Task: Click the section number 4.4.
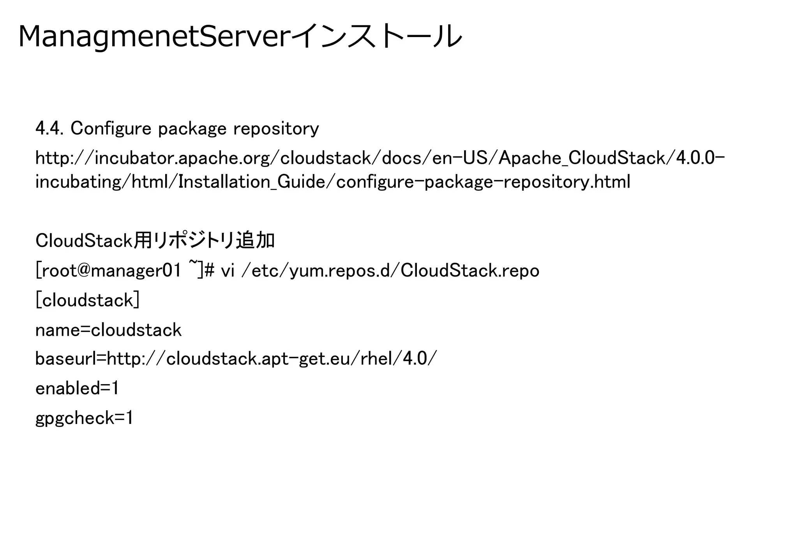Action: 49,128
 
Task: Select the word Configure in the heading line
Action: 111,128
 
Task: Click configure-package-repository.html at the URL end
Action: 483,182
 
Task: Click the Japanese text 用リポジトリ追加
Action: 204,241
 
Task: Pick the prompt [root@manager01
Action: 108,270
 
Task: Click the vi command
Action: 228,270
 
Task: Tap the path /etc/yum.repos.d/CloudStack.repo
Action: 390,270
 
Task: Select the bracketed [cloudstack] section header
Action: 87,300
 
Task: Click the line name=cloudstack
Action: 108,330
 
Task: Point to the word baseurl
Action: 65,358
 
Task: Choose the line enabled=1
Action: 77,388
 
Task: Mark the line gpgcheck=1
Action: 84,418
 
